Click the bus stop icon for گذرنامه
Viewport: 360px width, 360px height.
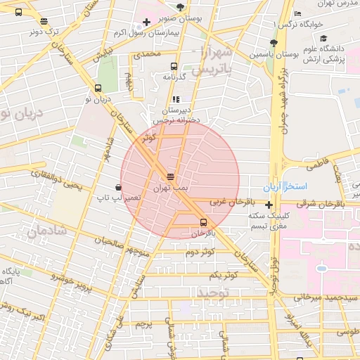coord(174,66)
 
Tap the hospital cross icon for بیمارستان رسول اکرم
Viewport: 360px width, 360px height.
coord(146,22)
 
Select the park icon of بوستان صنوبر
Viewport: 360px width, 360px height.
coord(181,6)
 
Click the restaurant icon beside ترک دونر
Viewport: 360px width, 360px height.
coord(45,21)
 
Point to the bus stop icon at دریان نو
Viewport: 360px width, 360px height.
coord(97,89)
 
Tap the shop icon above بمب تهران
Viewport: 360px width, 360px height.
coord(170,175)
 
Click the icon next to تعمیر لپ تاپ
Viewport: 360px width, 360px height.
coord(117,188)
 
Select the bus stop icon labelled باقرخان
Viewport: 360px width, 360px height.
coord(204,222)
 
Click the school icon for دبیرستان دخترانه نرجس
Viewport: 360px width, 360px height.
coord(176,99)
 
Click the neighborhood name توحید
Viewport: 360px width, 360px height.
coord(214,292)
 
